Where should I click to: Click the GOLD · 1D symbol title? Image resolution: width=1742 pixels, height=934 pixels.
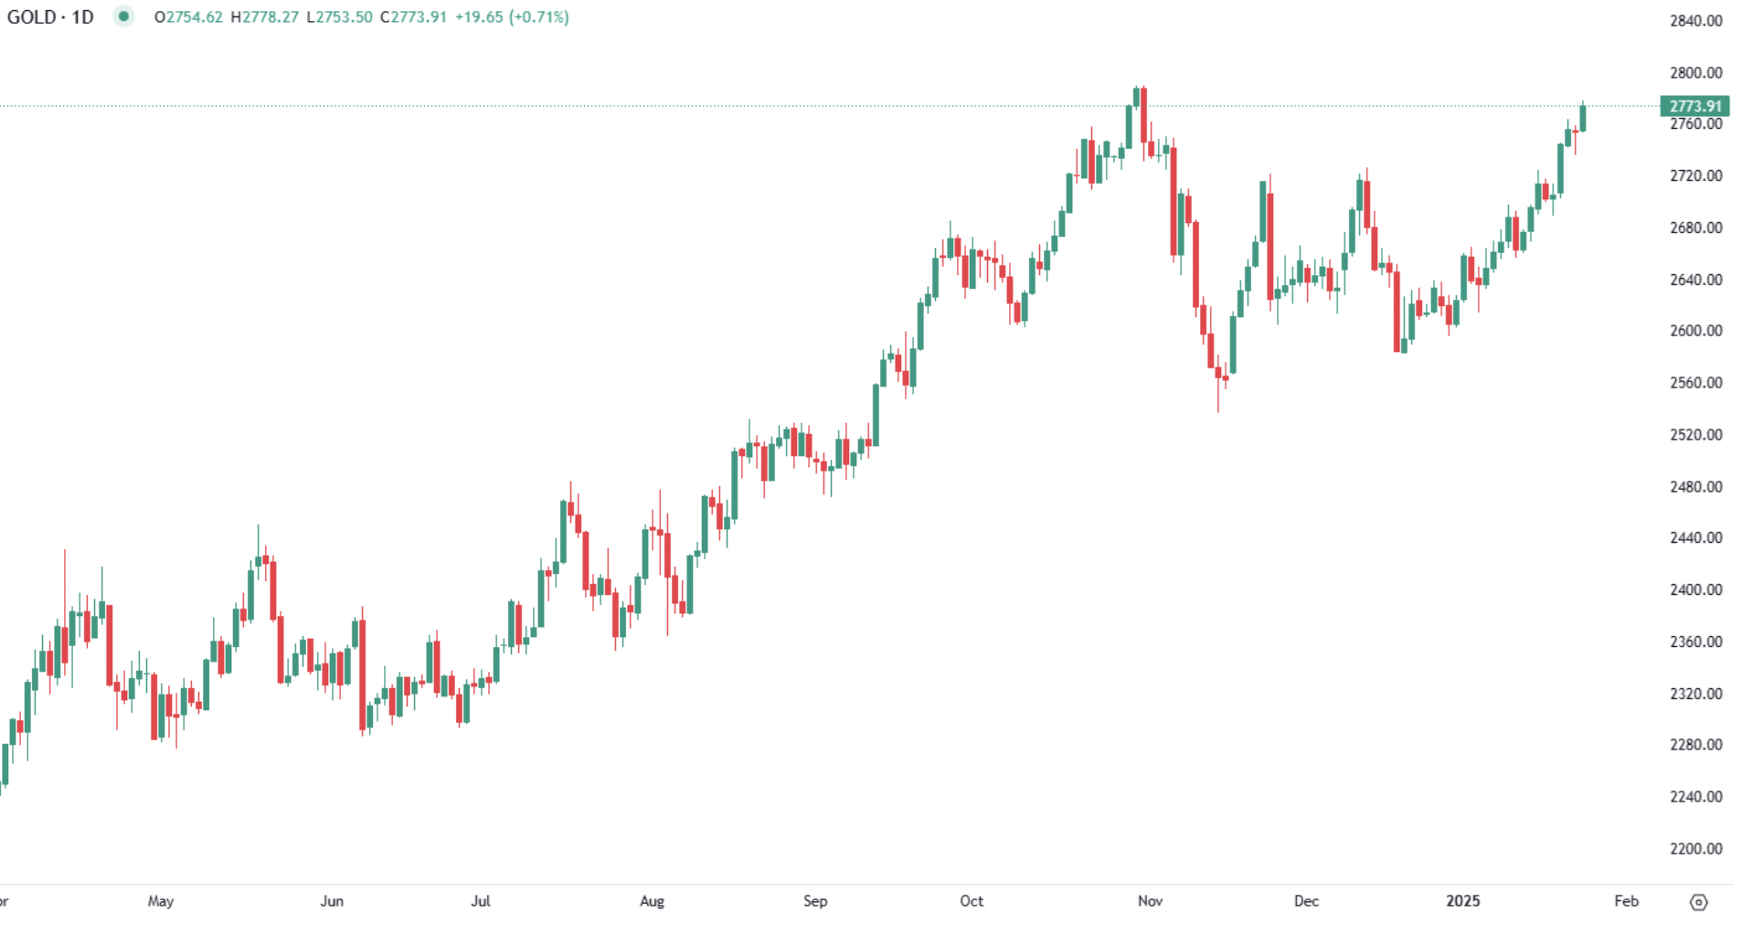(50, 17)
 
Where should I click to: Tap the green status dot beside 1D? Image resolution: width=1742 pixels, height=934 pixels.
(123, 16)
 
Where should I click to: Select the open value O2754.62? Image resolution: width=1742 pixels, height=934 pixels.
(188, 17)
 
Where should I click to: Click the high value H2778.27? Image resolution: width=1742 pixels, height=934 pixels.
(264, 17)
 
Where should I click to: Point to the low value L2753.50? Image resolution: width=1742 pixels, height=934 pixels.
(339, 17)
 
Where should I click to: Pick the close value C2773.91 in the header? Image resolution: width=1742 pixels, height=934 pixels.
(413, 17)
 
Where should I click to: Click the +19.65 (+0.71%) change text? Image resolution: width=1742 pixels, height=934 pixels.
(512, 17)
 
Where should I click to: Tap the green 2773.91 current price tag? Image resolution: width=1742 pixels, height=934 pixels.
(1694, 106)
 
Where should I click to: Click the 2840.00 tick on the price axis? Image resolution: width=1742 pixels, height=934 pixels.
(1695, 21)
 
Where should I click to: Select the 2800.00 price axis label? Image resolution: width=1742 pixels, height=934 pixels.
(1695, 73)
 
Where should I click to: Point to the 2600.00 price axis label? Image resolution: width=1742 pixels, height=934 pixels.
(1695, 331)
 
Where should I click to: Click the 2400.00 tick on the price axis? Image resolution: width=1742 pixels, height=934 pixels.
(1695, 589)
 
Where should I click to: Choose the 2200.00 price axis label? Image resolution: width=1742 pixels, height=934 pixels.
(1695, 848)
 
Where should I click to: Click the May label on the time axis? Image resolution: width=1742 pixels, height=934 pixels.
(161, 901)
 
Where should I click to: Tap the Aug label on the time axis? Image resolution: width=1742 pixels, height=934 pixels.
(652, 901)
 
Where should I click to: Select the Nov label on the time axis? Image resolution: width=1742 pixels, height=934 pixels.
(1150, 901)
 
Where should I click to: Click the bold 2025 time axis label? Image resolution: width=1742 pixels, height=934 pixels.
(1462, 901)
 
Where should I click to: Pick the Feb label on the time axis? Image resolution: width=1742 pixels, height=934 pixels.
(1626, 901)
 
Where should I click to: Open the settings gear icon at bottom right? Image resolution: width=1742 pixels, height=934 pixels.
(1698, 902)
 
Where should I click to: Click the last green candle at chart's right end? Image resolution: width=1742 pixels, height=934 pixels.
(1582, 119)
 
